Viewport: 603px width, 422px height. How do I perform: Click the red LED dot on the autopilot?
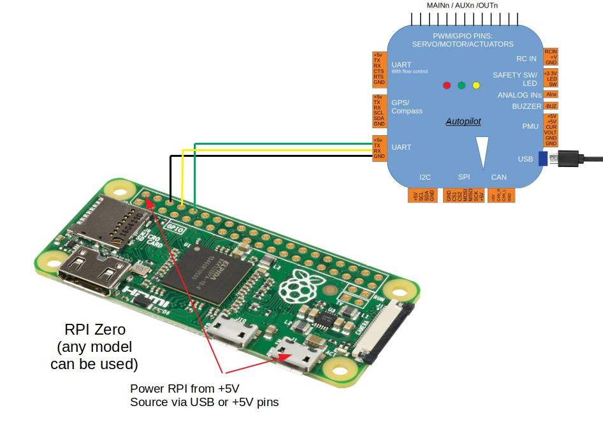(x=447, y=85)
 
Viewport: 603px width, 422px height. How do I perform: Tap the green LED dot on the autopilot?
(x=461, y=85)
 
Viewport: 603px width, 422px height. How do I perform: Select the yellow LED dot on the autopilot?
(x=476, y=85)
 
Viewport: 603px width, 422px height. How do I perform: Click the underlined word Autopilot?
(x=463, y=121)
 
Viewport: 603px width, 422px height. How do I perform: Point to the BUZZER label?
(x=527, y=106)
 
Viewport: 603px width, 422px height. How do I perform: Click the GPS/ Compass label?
(x=407, y=106)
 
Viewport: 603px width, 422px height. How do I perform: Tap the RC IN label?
(x=526, y=59)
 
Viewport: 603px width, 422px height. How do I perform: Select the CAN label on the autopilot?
(x=498, y=177)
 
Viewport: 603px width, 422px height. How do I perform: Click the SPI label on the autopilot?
(x=464, y=177)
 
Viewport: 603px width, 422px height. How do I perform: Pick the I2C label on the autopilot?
(x=425, y=177)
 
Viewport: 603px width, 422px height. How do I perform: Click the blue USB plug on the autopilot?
(x=542, y=158)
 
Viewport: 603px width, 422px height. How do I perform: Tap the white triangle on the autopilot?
(x=483, y=153)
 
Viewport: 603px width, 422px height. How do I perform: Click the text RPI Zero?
(x=95, y=330)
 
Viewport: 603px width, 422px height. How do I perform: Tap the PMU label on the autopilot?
(x=530, y=126)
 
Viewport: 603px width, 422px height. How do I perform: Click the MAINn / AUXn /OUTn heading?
(x=462, y=6)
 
